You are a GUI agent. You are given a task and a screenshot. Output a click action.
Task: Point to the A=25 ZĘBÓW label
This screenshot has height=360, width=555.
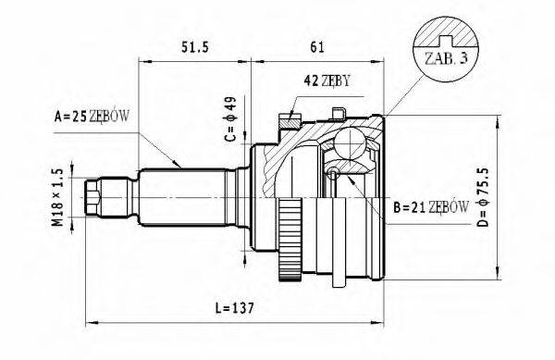tap(92, 117)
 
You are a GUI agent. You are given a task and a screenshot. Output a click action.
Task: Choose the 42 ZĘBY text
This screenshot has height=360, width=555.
tap(327, 81)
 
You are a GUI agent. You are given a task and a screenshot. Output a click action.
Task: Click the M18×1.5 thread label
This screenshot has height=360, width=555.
tap(56, 197)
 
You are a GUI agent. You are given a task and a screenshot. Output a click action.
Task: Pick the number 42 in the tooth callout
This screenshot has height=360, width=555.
tap(312, 81)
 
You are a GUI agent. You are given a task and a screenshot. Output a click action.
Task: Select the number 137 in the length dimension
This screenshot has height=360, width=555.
tap(243, 306)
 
